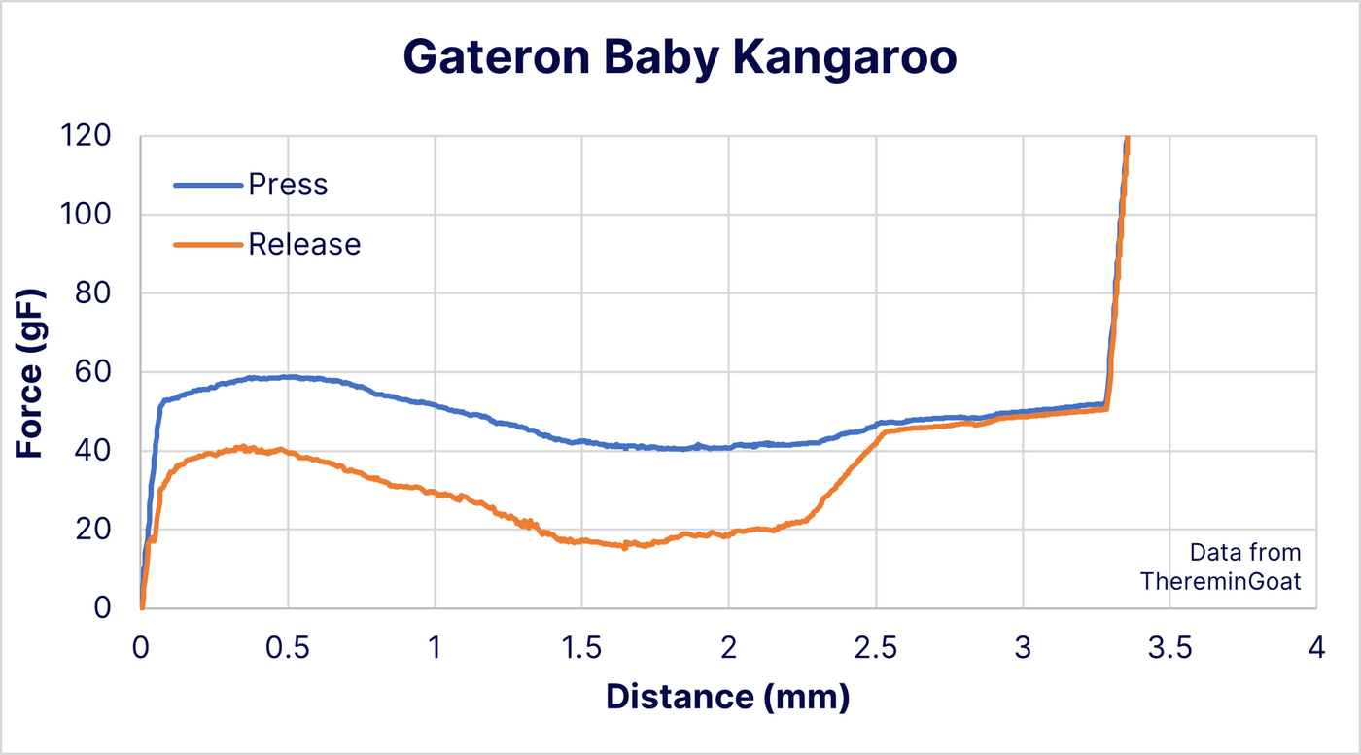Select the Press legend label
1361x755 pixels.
click(288, 184)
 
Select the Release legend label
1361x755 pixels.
click(304, 244)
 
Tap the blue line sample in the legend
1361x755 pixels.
click(208, 185)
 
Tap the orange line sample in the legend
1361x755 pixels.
click(208, 245)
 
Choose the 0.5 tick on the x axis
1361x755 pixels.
click(288, 648)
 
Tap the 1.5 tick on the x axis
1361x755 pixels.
click(581, 648)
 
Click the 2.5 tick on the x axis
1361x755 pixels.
click(876, 648)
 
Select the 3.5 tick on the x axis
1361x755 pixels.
click(1169, 648)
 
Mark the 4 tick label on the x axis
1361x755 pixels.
click(1316, 648)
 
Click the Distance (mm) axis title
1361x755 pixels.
click(727, 697)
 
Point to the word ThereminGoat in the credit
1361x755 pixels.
click(1220, 581)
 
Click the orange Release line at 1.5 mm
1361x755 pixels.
click(581, 541)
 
